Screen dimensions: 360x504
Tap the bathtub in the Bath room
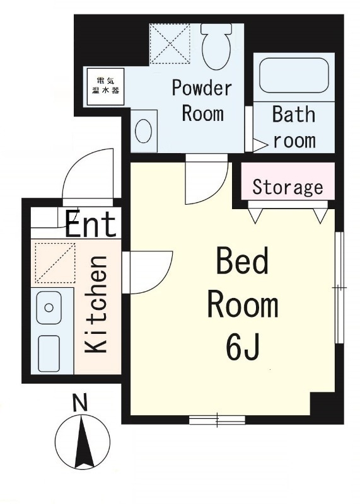294,76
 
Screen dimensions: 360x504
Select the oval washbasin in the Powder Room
144,132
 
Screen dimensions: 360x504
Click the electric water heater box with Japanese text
105,86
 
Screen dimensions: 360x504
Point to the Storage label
287,186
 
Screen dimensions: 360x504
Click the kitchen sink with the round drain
49,307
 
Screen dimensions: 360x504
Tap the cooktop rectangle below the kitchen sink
49,353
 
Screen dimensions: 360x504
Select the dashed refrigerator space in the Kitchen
55,263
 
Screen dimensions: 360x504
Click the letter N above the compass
80,403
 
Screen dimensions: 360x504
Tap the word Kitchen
96,304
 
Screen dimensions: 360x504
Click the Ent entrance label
91,223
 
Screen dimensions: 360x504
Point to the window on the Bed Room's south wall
217,420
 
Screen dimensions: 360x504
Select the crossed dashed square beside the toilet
170,43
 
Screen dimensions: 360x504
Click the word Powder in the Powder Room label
202,88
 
